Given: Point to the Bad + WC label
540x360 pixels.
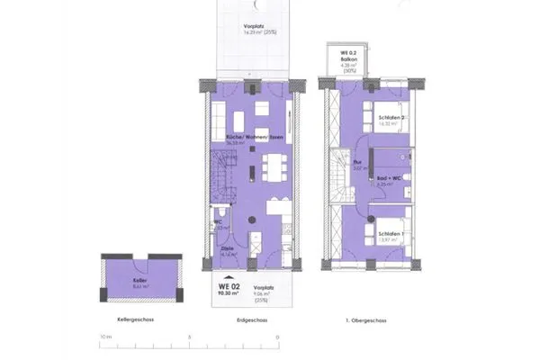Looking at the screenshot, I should [388, 178].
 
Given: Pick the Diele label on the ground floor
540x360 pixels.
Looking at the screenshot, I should [219, 251].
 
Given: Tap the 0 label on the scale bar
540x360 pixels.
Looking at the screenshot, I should [277, 337].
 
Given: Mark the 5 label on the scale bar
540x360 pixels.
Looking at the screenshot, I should [190, 337].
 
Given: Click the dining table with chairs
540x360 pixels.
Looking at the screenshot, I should [273, 167].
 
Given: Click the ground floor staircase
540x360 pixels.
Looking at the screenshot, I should [224, 176].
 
